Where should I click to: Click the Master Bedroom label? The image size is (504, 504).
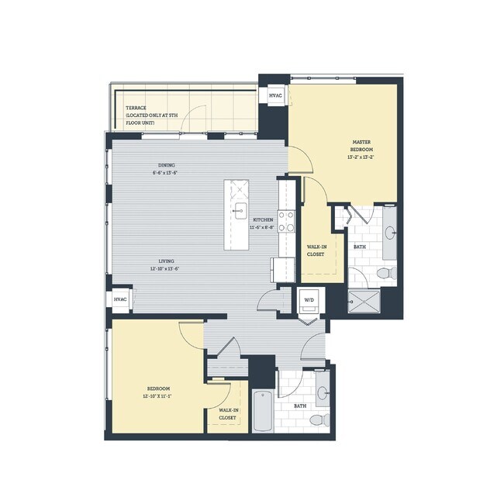pos(361,147)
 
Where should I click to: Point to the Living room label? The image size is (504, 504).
pos(164,262)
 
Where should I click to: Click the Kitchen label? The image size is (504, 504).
pos(263,219)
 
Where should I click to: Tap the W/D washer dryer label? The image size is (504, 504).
pos(309,299)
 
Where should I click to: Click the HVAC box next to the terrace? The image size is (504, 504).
pos(275,95)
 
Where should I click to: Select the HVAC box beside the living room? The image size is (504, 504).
pos(120,299)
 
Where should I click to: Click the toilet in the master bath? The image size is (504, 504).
pos(389,272)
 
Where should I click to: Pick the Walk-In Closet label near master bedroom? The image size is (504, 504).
pos(316,250)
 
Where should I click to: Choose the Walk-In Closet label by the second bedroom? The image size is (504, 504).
pos(227,413)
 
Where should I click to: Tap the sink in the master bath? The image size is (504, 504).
pos(390,230)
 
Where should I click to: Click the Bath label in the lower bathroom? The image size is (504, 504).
pos(299,406)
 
